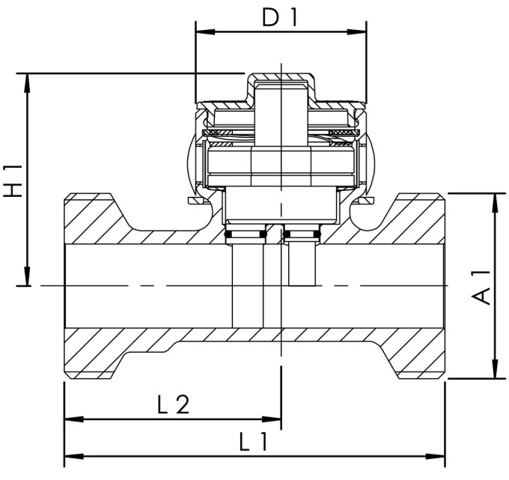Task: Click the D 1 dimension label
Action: coord(280,16)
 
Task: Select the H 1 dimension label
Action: coord(13,180)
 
